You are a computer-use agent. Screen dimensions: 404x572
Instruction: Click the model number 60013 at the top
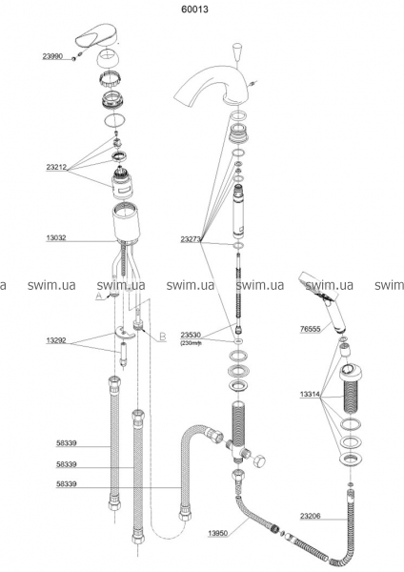click(x=194, y=10)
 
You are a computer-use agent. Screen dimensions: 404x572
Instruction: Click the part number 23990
click(x=52, y=56)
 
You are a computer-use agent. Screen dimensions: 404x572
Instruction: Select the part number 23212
click(x=56, y=168)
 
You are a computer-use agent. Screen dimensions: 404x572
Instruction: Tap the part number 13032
click(x=56, y=238)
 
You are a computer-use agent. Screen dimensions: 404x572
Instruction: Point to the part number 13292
click(x=56, y=340)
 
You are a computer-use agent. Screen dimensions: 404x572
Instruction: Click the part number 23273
click(x=191, y=239)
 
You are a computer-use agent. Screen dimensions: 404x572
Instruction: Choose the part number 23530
click(x=191, y=335)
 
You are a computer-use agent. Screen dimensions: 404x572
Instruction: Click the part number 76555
click(x=310, y=329)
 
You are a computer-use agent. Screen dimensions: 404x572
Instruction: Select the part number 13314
click(x=310, y=395)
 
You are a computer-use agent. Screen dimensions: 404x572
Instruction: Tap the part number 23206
click(x=311, y=516)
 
